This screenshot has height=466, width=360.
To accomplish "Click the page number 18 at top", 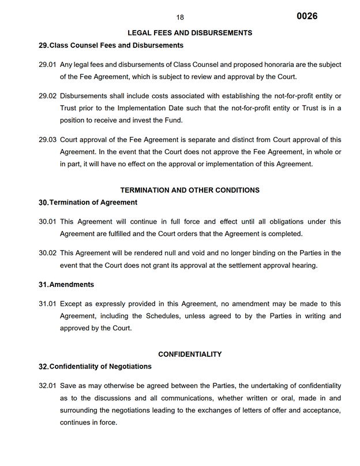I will (x=180, y=18).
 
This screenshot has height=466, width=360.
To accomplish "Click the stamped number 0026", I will (x=307, y=16).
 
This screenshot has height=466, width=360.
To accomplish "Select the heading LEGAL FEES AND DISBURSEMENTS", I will (x=190, y=33).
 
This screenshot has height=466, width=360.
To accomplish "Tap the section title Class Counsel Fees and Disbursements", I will (x=116, y=45).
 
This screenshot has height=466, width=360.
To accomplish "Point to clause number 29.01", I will (x=47, y=65).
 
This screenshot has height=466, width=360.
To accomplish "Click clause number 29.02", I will (x=47, y=95).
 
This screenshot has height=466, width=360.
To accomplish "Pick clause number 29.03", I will (x=47, y=139).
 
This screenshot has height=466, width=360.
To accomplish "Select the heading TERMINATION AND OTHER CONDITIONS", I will (x=190, y=190).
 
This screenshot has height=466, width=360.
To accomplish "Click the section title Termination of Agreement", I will (x=93, y=203).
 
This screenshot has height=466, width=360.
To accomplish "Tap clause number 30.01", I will (x=47, y=222).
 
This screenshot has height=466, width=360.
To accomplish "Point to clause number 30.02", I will (x=47, y=253).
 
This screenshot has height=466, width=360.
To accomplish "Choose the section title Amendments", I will (x=71, y=285).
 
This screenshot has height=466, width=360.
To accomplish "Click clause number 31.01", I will (x=47, y=304).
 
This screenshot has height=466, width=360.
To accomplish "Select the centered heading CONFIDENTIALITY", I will (x=190, y=354).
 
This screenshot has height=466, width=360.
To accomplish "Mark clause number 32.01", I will (x=47, y=386).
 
